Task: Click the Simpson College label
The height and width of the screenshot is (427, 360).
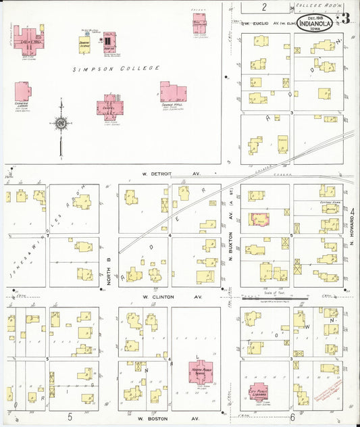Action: point(117,68)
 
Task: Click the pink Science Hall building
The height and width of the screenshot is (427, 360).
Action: point(172,93)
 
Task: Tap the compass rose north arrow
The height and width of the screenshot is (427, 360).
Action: point(61,123)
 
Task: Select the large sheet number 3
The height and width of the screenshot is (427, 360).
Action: point(345,18)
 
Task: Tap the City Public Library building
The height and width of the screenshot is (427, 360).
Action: point(259,391)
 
